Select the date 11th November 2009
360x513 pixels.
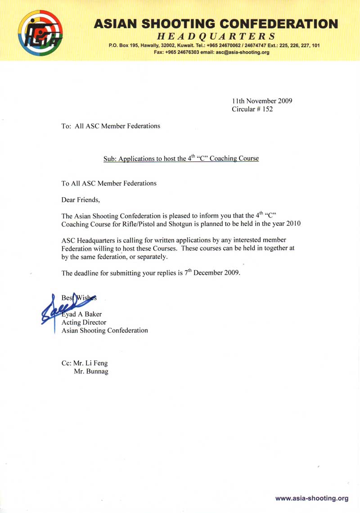coord(262,101)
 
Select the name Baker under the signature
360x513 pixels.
coord(92,314)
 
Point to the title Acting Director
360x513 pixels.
coord(84,322)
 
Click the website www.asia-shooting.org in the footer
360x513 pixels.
coord(312,498)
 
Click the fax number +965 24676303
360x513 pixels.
coord(182,52)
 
